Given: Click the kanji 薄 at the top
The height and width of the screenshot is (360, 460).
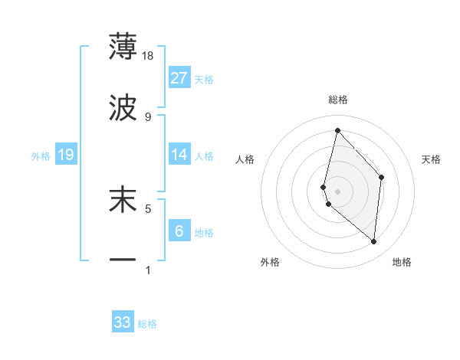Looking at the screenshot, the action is (x=123, y=47).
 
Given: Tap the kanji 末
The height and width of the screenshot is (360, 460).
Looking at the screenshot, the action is (x=123, y=199).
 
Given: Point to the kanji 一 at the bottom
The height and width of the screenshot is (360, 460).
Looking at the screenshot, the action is (x=123, y=260).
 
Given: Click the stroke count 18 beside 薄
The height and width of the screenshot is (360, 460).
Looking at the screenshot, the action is (x=148, y=55).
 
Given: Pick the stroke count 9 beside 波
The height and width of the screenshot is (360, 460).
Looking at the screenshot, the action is (x=148, y=116).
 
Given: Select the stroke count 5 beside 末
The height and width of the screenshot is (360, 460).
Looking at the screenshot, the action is (x=148, y=208).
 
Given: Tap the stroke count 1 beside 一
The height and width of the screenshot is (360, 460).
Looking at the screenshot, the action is (x=148, y=270).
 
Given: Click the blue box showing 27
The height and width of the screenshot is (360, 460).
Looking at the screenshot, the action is (x=179, y=78).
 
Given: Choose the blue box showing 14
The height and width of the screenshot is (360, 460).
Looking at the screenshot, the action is (x=179, y=155).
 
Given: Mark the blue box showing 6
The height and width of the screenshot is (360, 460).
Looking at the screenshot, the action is (x=179, y=231).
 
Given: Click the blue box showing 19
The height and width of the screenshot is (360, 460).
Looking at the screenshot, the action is (x=66, y=155).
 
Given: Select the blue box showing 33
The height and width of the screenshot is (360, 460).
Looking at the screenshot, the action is (x=123, y=322).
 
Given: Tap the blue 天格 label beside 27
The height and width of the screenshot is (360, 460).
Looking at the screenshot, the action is (x=204, y=80).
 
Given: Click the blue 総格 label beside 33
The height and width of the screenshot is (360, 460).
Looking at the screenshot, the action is (x=147, y=324).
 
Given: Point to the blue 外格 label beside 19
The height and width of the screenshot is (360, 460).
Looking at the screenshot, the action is (x=41, y=156).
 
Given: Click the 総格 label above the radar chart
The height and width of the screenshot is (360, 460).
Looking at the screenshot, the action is (x=338, y=100).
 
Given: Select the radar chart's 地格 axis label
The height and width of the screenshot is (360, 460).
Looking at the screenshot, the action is (x=402, y=263).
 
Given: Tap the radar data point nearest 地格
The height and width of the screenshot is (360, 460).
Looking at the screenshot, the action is (x=374, y=242).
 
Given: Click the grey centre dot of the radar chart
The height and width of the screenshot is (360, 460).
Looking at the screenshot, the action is (x=338, y=191).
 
